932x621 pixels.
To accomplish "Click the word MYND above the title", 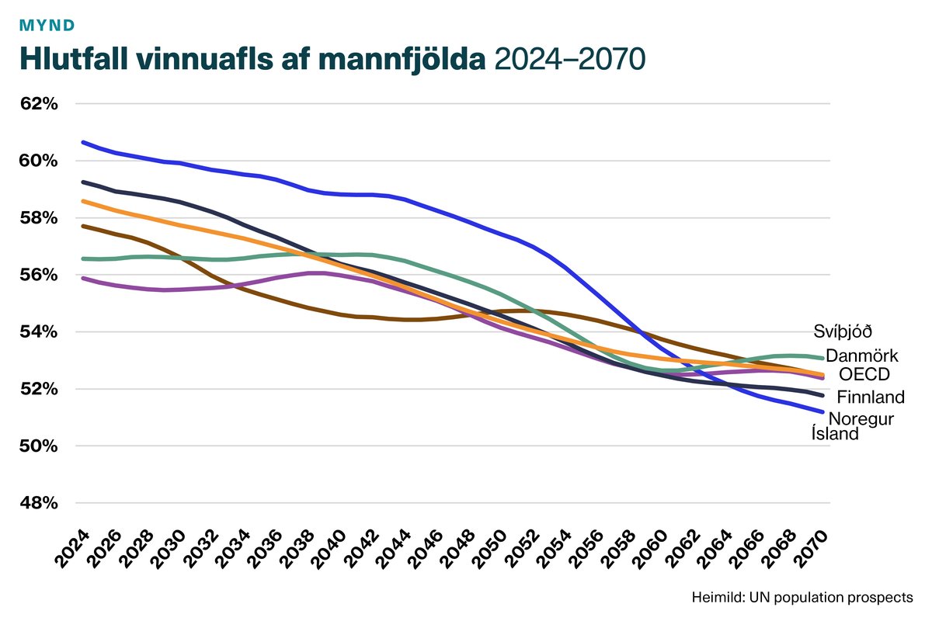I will [47, 25].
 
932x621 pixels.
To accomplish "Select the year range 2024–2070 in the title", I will [569, 60].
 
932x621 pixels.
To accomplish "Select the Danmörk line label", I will [861, 356].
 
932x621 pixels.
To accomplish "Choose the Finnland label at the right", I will [871, 397].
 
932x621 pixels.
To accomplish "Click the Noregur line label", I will [861, 419].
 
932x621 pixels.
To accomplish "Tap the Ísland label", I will [835, 434].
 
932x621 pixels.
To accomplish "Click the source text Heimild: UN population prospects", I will [802, 598].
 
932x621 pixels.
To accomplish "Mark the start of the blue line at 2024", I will [82, 142].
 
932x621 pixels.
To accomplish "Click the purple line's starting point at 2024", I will [82, 278].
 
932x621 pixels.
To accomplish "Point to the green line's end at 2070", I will [822, 358].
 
